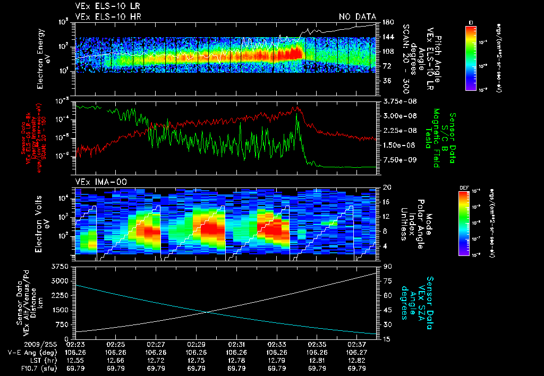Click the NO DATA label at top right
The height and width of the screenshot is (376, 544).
(x=357, y=17)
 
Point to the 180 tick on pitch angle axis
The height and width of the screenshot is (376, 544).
(x=387, y=22)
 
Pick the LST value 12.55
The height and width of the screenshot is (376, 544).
(x=75, y=360)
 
